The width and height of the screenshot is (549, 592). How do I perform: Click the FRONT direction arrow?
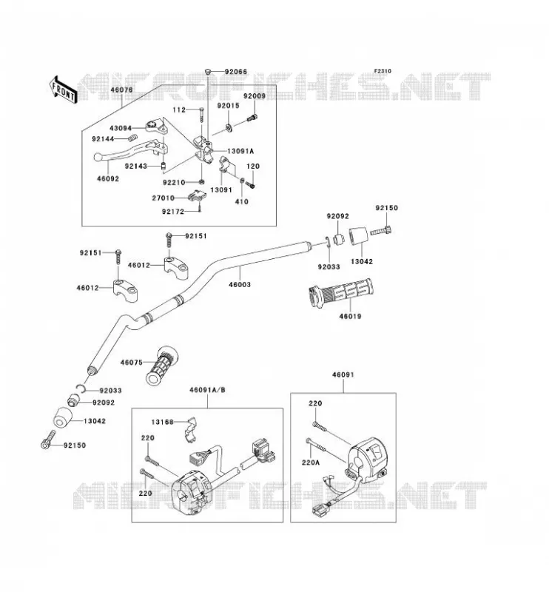(63, 90)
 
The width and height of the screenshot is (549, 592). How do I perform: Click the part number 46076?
(121, 90)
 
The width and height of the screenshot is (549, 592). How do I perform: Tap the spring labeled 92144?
(132, 138)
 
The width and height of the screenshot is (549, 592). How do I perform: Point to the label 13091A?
(240, 151)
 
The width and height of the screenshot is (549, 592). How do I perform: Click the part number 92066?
(235, 72)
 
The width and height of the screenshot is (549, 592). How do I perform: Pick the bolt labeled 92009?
(252, 118)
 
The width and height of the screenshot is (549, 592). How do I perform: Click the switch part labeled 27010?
(197, 195)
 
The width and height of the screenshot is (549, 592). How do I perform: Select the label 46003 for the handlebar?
(240, 284)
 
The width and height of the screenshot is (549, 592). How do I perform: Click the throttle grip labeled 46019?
(340, 293)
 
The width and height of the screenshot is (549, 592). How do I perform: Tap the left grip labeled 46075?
(161, 366)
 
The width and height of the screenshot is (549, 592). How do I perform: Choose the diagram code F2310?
(383, 71)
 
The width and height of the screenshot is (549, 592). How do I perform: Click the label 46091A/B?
(207, 390)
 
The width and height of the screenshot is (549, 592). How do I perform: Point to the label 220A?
(310, 462)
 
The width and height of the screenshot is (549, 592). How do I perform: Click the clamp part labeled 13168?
(192, 429)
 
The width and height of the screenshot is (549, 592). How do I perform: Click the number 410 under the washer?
(242, 201)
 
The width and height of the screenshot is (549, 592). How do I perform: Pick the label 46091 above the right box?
(343, 374)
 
